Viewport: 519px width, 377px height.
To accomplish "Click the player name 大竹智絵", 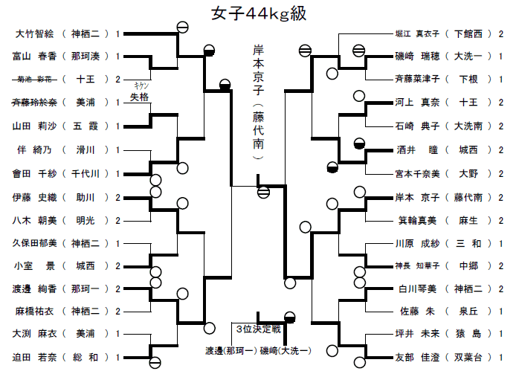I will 33,33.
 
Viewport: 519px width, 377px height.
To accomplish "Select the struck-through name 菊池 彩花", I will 33,79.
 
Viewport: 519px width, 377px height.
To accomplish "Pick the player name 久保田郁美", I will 33,243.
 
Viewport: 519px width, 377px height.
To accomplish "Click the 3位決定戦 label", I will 256,328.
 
